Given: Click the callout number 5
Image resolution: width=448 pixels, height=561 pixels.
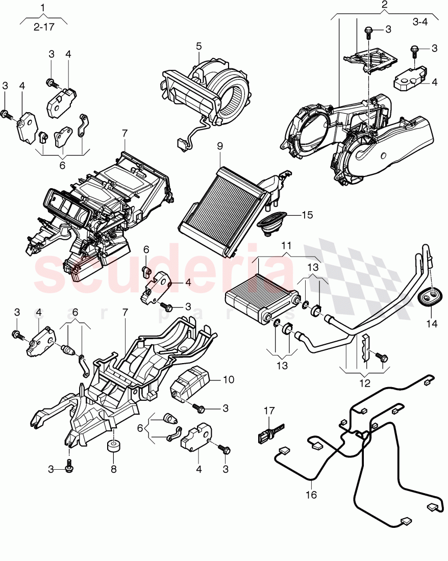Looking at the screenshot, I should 199,46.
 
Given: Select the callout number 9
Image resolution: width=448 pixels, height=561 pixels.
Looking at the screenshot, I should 220,145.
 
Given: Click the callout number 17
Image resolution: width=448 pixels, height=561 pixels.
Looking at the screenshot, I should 269,410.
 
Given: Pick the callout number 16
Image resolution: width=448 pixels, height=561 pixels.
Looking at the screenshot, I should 312,494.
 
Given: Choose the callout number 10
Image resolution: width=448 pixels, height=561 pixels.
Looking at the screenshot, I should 228,379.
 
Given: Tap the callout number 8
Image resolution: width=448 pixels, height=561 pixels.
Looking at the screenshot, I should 113,469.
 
